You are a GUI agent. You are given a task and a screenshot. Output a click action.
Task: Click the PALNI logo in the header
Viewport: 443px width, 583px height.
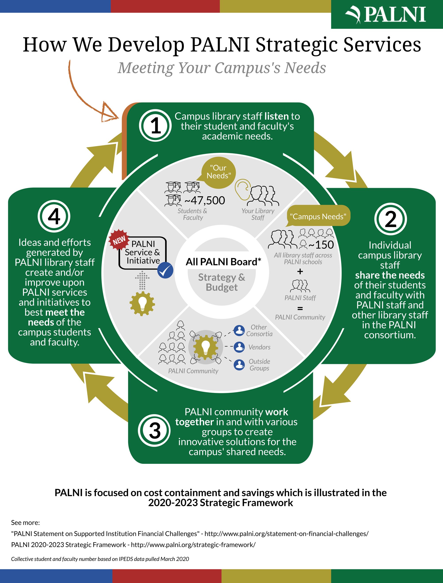[x=387, y=14]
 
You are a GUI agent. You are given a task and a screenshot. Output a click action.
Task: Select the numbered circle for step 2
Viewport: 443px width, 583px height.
[x=390, y=219]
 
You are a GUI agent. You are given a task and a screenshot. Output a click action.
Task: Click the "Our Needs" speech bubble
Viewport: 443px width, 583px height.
[x=218, y=172]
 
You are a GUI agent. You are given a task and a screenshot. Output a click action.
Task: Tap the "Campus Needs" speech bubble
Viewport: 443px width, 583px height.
[x=318, y=216]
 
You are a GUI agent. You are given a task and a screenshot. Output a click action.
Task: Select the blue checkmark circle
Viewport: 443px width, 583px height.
[x=165, y=270]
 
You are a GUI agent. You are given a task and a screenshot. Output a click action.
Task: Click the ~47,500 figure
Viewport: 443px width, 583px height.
[x=205, y=200]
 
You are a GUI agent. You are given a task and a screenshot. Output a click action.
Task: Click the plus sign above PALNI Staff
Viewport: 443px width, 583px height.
[x=300, y=271]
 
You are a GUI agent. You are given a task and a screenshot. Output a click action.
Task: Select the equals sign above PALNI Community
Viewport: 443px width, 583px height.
[x=300, y=308]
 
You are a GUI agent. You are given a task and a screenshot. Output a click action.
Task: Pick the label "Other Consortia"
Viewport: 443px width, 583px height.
[x=259, y=330]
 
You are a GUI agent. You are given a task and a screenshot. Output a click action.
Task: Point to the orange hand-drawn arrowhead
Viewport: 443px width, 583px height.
[x=109, y=113]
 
